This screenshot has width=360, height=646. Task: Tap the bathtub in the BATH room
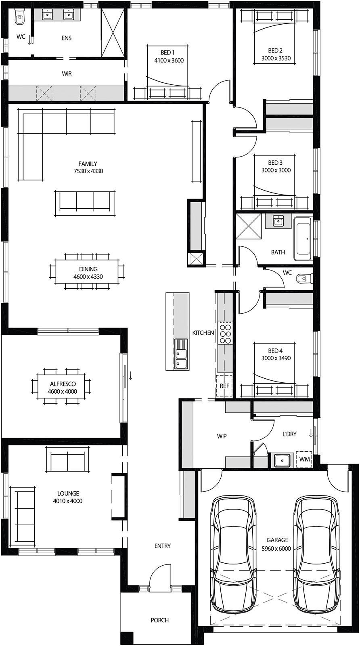click(303, 239)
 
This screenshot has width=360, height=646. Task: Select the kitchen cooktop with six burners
click(225, 333)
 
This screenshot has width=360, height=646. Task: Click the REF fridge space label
click(224, 386)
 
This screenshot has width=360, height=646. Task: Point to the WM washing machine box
click(304, 459)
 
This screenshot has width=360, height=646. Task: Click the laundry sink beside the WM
click(282, 460)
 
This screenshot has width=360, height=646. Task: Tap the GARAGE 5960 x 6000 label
click(278, 544)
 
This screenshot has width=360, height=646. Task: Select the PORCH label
click(159, 620)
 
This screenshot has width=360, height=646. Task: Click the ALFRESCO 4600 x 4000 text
click(63, 388)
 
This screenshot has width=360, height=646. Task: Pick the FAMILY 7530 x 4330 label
click(88, 167)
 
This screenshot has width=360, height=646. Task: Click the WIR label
click(67, 74)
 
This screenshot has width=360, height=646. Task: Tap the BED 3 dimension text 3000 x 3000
click(276, 170)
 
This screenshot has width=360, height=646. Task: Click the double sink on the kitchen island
click(181, 354)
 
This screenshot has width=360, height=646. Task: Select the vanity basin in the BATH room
click(278, 221)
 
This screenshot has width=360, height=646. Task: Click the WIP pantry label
click(222, 436)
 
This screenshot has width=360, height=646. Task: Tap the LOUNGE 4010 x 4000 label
click(68, 497)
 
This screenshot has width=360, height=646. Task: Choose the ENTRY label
click(163, 546)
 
